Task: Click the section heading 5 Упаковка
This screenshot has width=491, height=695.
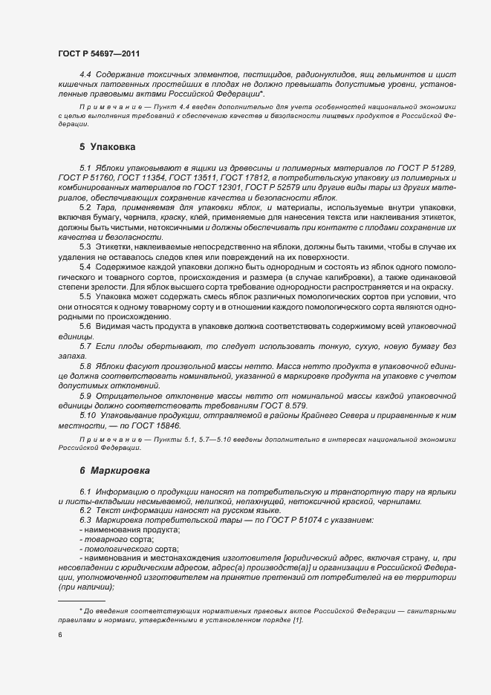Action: point(107,146)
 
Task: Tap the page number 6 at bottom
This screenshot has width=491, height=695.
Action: point(60,635)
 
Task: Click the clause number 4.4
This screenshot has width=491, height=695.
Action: point(85,76)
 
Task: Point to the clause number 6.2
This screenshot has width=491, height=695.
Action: point(85,510)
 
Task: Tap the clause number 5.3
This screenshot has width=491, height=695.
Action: point(85,245)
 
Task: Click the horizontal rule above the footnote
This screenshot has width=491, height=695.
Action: point(81,600)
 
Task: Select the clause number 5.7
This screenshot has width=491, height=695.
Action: point(85,346)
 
